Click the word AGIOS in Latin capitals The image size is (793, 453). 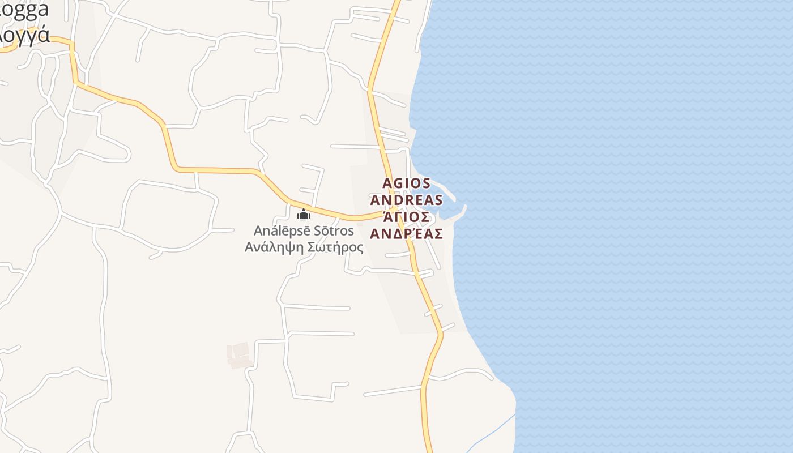[407, 183]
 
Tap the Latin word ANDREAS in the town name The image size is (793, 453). [406, 200]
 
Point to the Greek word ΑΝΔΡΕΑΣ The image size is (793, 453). [406, 234]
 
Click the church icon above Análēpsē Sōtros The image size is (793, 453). [304, 214]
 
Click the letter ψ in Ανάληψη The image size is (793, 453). [287, 247]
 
